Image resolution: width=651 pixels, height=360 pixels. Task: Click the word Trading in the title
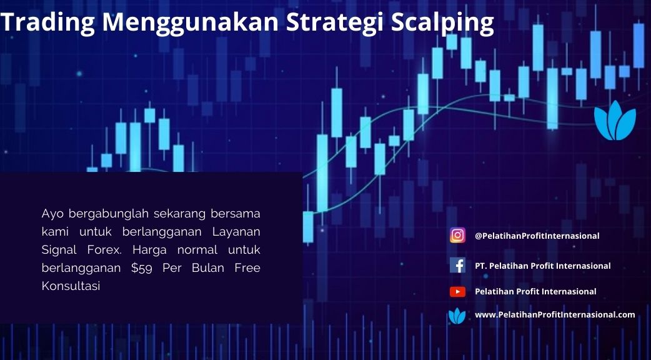48,22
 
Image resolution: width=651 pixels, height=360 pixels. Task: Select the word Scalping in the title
442,22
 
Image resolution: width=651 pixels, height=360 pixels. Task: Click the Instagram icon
457,236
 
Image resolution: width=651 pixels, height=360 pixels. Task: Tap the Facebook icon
457,265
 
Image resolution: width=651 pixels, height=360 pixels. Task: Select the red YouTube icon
457,291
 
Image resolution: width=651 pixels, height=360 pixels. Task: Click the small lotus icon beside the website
457,316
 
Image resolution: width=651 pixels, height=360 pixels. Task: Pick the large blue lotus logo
615,120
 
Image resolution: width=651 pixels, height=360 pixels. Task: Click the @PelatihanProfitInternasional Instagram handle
537,236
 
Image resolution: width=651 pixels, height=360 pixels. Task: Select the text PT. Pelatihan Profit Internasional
543,266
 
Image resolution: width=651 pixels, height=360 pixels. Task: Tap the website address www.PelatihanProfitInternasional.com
555,315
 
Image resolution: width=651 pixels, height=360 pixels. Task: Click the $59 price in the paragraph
142,268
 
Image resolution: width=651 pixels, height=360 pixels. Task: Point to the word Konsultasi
71,286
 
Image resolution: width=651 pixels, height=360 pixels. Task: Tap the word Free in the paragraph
247,268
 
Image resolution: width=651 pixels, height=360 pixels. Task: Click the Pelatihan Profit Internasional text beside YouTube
535,291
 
